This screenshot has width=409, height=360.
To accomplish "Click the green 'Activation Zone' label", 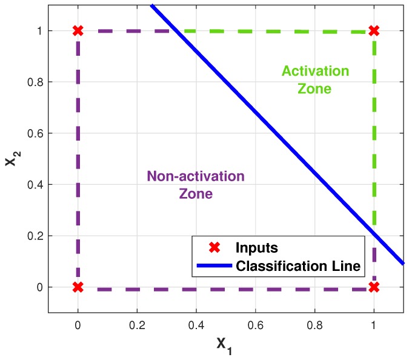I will [315, 80].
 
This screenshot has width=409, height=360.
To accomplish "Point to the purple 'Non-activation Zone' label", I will [196, 185].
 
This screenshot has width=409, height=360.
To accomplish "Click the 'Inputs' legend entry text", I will [256, 248].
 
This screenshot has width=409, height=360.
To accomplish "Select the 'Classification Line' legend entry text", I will [298, 265].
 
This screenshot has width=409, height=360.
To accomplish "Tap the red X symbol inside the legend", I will [213, 248].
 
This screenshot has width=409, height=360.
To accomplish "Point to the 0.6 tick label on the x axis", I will [255, 325].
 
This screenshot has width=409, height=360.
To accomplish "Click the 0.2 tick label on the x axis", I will [136, 325].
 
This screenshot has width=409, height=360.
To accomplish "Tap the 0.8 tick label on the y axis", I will [35, 82].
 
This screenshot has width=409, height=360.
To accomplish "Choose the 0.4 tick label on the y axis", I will [35, 184].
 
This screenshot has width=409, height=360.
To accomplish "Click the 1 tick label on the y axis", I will [40, 30].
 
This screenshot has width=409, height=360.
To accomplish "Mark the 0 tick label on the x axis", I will [78, 325].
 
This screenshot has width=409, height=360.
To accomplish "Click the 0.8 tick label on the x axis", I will [314, 325].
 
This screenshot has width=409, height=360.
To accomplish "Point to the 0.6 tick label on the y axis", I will [35, 133].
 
